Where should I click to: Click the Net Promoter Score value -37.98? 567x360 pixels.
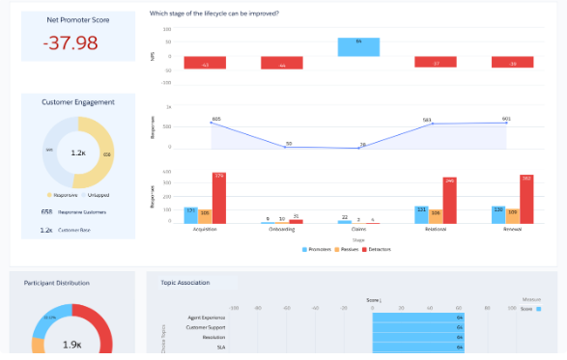coord(71,43)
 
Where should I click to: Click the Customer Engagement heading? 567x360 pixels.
coord(78,102)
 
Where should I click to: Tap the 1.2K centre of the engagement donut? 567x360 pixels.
coord(78,152)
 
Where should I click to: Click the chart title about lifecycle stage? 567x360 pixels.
coord(214,14)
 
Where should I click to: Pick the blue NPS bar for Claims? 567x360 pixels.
coord(358,47)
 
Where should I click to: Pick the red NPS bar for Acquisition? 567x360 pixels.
coord(205,63)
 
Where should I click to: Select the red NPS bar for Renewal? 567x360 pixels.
coord(512,62)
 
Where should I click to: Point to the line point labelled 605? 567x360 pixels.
coord(212,124)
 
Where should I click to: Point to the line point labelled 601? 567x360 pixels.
coord(506,123)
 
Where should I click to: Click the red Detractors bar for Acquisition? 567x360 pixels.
coord(218,198)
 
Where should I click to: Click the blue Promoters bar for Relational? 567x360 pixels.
coord(421,214)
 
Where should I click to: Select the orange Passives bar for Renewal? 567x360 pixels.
coord(512,215)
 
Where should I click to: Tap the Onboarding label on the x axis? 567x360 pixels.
coord(281,230)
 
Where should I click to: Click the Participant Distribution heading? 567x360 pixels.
coord(56,283)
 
